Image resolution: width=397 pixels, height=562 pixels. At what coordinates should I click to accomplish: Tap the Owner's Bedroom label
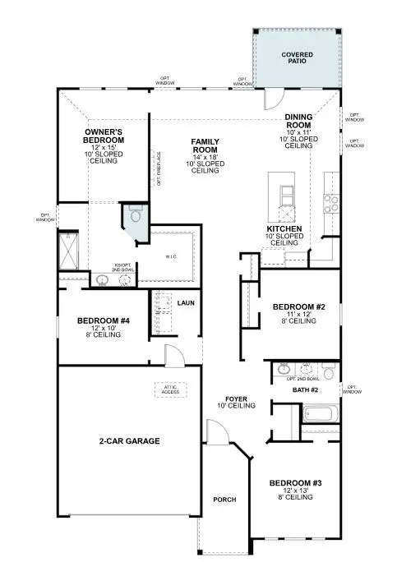(x=104, y=136)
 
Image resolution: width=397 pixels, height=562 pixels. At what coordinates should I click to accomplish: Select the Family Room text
(x=205, y=146)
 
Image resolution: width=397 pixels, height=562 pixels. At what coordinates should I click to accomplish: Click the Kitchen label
(x=284, y=228)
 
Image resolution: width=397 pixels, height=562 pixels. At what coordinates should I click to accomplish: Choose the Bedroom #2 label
(x=299, y=307)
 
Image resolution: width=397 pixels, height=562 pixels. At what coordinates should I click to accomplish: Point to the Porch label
(x=224, y=500)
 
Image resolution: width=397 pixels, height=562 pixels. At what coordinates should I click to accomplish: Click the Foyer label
(x=232, y=400)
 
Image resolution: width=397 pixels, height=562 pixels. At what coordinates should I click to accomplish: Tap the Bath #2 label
(x=305, y=389)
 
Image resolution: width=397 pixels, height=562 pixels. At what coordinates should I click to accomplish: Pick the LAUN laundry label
(x=186, y=302)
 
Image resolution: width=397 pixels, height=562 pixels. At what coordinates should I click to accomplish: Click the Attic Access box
(x=169, y=389)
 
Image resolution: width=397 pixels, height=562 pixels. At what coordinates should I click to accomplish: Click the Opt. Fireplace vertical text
(x=158, y=168)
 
